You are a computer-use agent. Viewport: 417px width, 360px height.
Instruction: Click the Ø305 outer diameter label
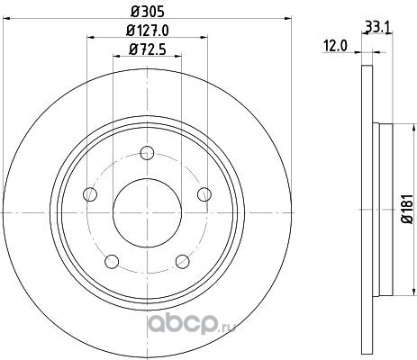point(148,12)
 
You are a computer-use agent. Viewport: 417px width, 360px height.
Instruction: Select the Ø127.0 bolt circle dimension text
point(148,31)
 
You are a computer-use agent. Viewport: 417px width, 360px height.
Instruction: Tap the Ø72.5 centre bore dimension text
point(148,49)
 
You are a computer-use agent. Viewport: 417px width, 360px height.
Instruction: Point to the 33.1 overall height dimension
point(377,28)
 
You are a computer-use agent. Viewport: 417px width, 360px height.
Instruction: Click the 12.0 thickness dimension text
point(335,46)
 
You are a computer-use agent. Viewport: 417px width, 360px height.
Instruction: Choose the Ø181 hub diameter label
point(408,209)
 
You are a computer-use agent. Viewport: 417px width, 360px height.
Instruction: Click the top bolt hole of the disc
point(147,153)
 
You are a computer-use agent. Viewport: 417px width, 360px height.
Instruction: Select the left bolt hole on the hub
point(90,194)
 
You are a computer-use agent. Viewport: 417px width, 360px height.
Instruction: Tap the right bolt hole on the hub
point(204,194)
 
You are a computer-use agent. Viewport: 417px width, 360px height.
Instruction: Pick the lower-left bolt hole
point(112,261)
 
